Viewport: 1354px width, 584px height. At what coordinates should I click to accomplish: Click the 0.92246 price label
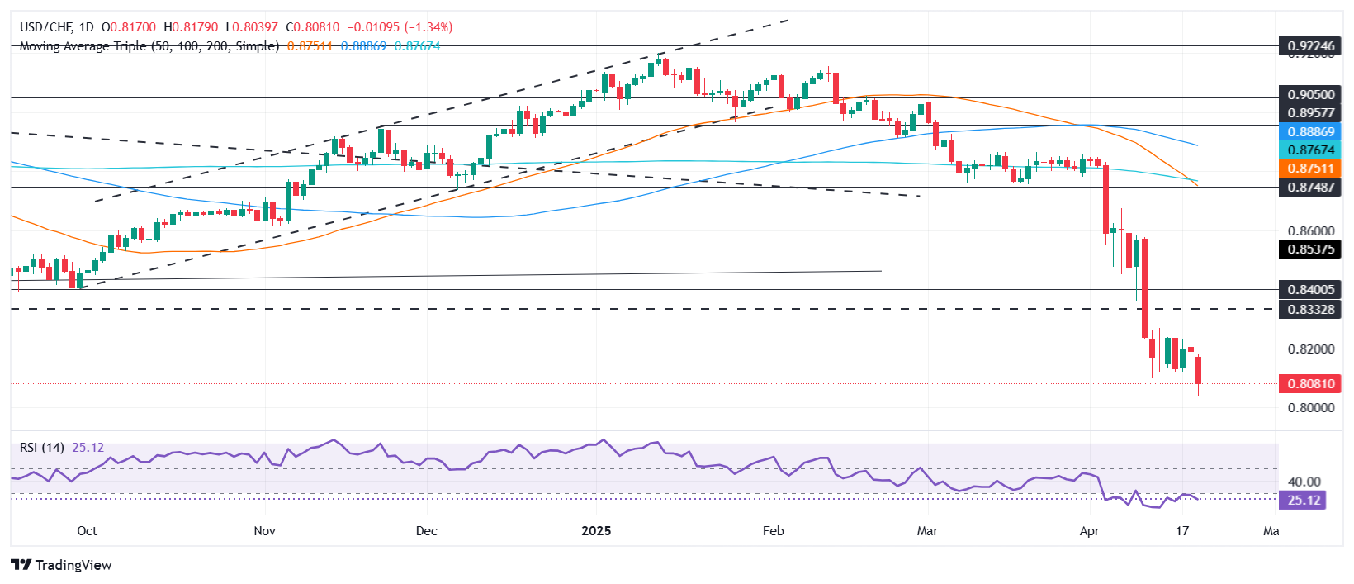tap(1310, 46)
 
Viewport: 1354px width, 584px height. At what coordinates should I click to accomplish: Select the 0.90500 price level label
tap(1310, 95)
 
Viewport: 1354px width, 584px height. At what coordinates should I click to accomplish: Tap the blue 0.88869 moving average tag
tap(1310, 132)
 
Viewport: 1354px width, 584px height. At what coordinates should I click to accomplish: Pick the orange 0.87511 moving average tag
tap(1310, 169)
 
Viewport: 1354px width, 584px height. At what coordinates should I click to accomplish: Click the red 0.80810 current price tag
tap(1310, 384)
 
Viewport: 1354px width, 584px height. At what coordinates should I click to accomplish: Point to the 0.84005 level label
tap(1310, 290)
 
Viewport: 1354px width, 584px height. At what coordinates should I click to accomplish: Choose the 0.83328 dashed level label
tap(1310, 310)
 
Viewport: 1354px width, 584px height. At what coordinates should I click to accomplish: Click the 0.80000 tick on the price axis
tap(1310, 408)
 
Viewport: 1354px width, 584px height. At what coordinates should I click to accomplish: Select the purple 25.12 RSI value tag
tap(1303, 501)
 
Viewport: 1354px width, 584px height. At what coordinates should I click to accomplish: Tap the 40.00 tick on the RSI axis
tap(1304, 482)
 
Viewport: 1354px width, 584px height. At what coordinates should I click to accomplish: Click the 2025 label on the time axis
tap(596, 531)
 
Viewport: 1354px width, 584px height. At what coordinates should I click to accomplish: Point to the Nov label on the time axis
tap(264, 531)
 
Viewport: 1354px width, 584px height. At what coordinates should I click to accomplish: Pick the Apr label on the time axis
tap(1089, 531)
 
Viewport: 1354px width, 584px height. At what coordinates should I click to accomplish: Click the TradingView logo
tap(62, 565)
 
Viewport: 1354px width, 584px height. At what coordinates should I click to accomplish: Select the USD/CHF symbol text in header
tap(46, 27)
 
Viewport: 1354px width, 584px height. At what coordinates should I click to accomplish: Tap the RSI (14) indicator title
tap(42, 448)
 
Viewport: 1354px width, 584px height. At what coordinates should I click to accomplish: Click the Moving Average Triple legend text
tap(149, 46)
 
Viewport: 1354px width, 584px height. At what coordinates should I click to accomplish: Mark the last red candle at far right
tap(1198, 370)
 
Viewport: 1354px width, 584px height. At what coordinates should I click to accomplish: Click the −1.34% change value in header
tap(428, 27)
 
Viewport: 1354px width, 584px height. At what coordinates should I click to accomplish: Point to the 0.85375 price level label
tap(1310, 249)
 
